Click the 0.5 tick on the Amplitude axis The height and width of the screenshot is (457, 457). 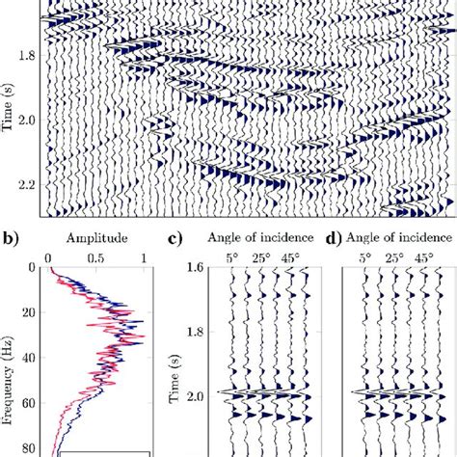click(x=95, y=258)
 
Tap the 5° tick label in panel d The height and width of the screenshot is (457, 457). click(x=365, y=258)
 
